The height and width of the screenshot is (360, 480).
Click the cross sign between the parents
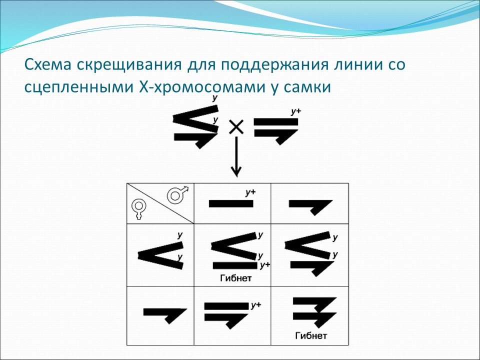(236, 127)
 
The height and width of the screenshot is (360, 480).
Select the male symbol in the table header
(176, 194)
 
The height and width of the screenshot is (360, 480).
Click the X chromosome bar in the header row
(230, 203)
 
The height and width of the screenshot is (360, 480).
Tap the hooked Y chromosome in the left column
(164, 312)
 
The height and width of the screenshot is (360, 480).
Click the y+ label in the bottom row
(256, 305)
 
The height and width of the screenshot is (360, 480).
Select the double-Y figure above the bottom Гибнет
(312, 311)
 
